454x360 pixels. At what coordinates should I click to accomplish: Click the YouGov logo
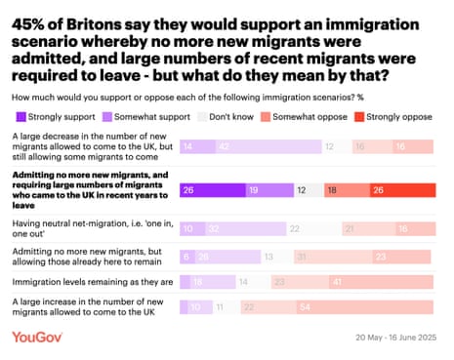tap(39, 337)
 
